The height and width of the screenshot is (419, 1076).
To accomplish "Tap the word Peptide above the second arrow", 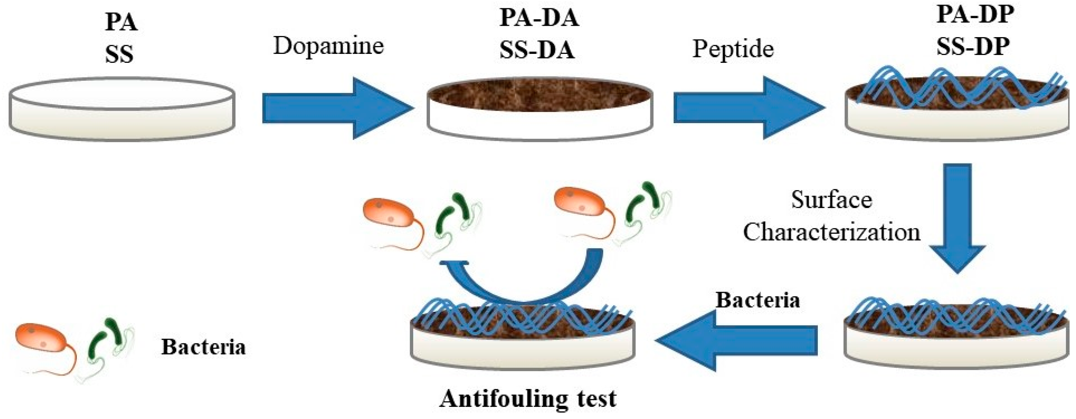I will coord(733,49).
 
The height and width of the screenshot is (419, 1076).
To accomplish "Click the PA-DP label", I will coord(975,15).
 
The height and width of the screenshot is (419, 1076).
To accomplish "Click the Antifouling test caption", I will coord(527,399).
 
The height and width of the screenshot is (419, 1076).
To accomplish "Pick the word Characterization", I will coord(831,232).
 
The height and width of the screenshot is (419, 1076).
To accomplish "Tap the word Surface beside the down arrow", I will coord(831,200).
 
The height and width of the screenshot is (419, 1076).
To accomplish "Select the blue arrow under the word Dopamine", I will coord(334,108).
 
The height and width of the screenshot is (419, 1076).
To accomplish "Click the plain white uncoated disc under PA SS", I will coord(122,108).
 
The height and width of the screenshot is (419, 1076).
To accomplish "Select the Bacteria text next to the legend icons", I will coord(204,347).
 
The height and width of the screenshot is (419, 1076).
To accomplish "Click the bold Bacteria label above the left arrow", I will coord(758,300).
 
